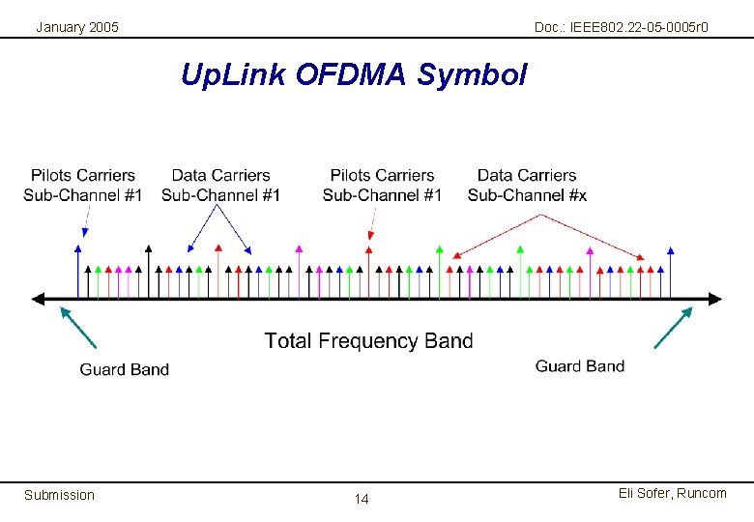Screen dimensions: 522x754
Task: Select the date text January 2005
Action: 77,27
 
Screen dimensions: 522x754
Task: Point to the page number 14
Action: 362,499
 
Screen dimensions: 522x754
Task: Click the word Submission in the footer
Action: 59,495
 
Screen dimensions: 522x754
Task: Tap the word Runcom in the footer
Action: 702,493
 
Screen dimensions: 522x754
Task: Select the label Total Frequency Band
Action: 368,340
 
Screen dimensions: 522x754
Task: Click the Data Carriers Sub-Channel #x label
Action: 527,185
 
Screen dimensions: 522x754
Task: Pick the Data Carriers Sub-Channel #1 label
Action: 220,185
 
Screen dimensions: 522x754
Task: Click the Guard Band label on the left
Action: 124,369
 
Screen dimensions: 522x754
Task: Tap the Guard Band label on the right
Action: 580,365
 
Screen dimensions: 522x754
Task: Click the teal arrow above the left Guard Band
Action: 78,327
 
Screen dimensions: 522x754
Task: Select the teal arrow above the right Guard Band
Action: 674,327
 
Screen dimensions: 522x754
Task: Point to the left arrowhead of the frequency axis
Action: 39,299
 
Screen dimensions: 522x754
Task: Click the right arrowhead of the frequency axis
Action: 714,299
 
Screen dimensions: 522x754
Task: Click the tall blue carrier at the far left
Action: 77,271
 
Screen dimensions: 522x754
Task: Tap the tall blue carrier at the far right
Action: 671,271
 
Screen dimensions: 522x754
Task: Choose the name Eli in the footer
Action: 625,493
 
